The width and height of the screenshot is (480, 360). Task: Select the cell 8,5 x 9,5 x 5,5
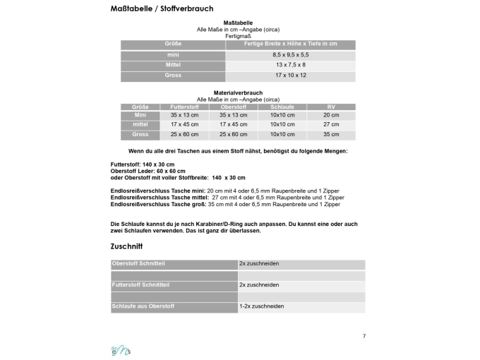click(x=290, y=54)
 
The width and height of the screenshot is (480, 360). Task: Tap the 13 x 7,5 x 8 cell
click(x=290, y=65)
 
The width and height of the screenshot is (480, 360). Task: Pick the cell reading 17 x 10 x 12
click(x=290, y=76)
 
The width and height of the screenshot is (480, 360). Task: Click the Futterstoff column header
click(x=184, y=107)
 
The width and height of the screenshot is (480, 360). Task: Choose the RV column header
click(x=331, y=107)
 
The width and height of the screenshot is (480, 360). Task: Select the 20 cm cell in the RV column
click(x=331, y=115)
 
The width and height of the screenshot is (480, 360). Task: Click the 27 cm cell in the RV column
click(x=331, y=125)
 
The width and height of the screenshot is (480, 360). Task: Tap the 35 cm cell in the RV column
click(x=331, y=135)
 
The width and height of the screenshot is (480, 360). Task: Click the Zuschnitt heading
click(x=127, y=247)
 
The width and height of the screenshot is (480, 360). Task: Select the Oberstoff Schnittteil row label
click(x=138, y=264)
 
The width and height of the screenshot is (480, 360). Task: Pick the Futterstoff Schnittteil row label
click(x=140, y=285)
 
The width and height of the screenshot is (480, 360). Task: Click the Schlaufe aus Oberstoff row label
click(x=143, y=306)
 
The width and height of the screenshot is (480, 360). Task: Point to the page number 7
click(x=364, y=336)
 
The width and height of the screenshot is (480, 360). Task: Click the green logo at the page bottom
click(x=121, y=349)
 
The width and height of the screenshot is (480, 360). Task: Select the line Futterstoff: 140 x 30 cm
click(x=142, y=164)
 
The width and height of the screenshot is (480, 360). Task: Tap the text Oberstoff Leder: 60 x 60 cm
click(x=148, y=171)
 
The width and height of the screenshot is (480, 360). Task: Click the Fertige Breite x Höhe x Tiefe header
click(x=290, y=44)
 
